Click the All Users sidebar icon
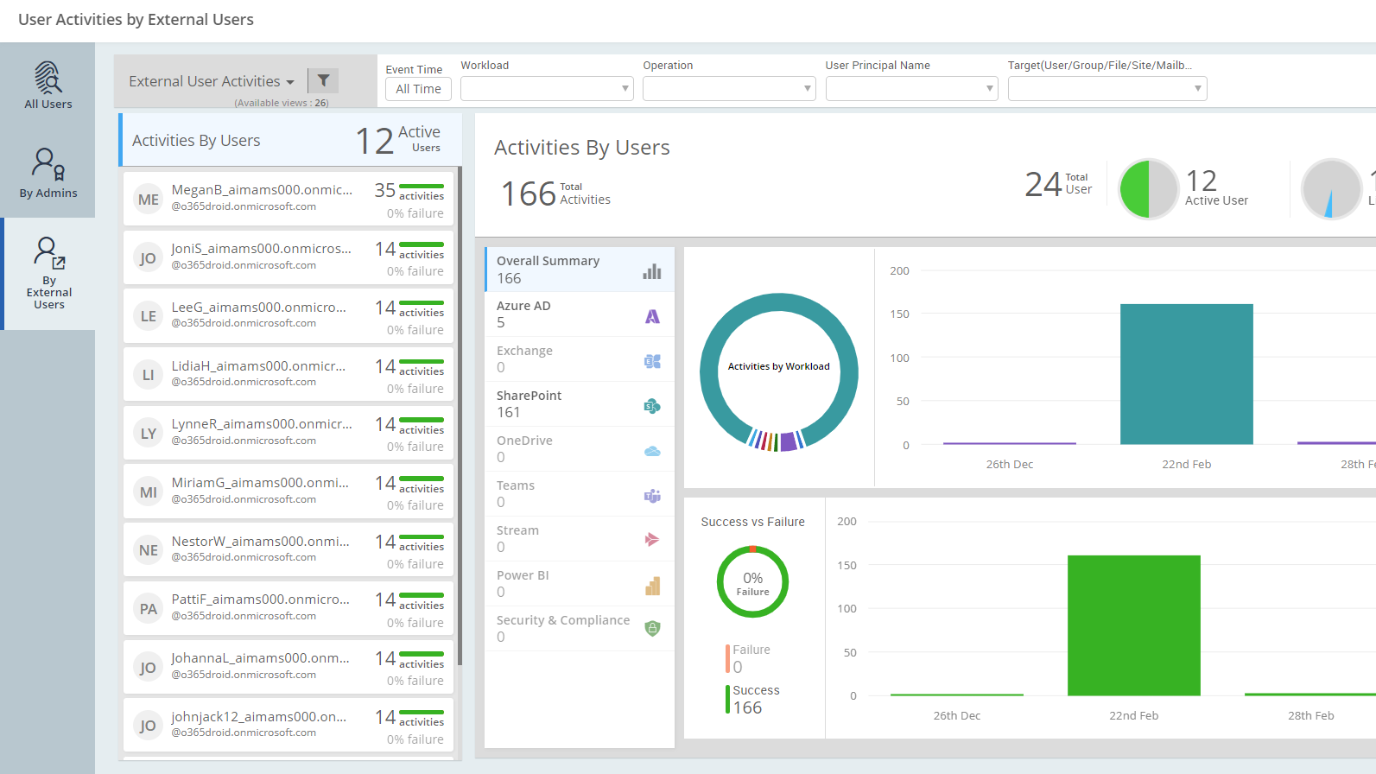click(x=48, y=79)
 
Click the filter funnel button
click(x=323, y=80)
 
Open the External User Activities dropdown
click(x=212, y=81)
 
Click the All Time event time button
click(x=418, y=89)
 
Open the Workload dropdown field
click(x=547, y=89)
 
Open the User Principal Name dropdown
click(x=911, y=89)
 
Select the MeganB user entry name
click(x=262, y=190)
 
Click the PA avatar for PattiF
click(x=149, y=609)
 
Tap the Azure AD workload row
click(x=579, y=314)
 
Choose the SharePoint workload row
click(x=579, y=404)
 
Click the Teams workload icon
click(x=652, y=496)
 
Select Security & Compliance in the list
click(x=563, y=620)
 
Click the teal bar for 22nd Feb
click(x=1186, y=374)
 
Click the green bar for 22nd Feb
click(x=1133, y=625)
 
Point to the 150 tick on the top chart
click(x=899, y=314)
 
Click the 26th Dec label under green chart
click(x=956, y=716)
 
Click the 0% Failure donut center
click(x=752, y=582)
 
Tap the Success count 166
click(x=747, y=708)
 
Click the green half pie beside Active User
click(x=1134, y=189)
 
